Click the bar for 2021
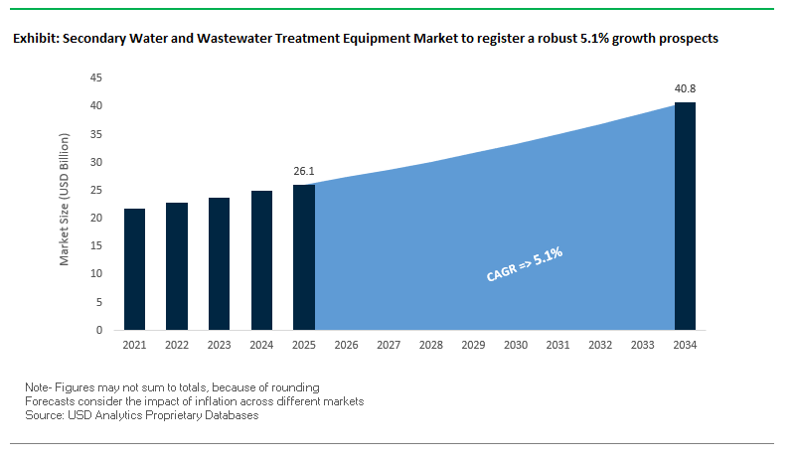coord(134,269)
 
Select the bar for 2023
coord(219,263)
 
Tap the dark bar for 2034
coord(685,216)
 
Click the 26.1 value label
coord(304,172)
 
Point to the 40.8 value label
coord(685,89)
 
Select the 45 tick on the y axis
coord(96,77)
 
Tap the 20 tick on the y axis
coord(96,218)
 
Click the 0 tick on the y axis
coord(99,330)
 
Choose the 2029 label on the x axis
coord(473,345)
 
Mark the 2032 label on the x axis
coord(600,345)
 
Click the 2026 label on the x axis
coord(346,345)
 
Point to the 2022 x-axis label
coord(177,345)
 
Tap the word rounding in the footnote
coord(296,386)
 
